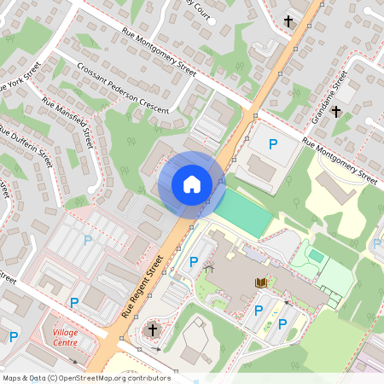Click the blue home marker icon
point(192,184)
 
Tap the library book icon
point(260,281)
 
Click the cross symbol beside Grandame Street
point(336,111)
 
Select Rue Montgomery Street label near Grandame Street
point(340,163)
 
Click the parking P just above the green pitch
point(273,145)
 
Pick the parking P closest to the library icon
point(259,311)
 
